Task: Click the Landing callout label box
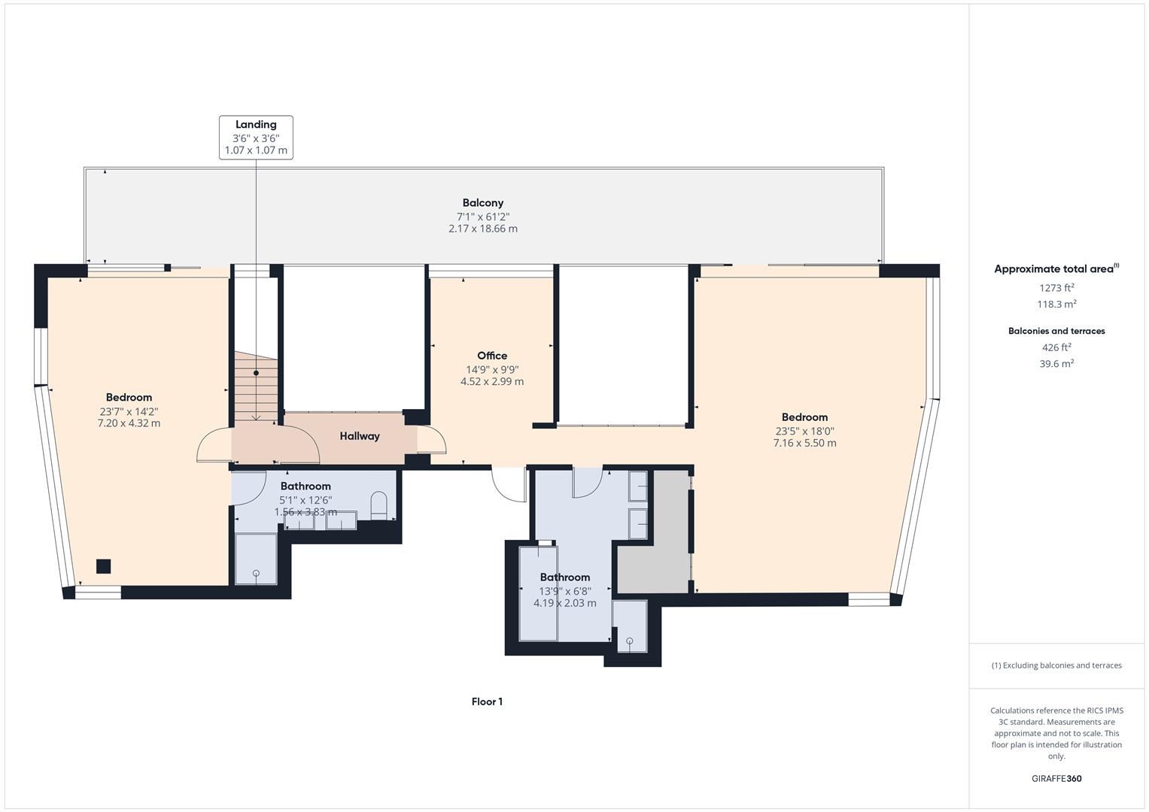[x=256, y=137]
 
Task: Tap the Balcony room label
[x=482, y=203]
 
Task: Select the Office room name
[x=492, y=356]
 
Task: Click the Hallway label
[x=360, y=436]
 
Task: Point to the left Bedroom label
[x=129, y=398]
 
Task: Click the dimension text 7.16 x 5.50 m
[x=804, y=444]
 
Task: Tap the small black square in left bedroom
[x=104, y=566]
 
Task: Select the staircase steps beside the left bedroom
[x=255, y=387]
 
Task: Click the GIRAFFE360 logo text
[x=1056, y=779]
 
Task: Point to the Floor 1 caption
[x=487, y=702]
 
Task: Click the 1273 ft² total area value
[x=1056, y=287]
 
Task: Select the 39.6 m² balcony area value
[x=1056, y=364]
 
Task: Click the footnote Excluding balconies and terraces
[x=1056, y=665]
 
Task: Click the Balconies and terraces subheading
[x=1056, y=331]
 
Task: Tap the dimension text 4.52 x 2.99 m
[x=492, y=382]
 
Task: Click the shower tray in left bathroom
[x=256, y=559]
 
